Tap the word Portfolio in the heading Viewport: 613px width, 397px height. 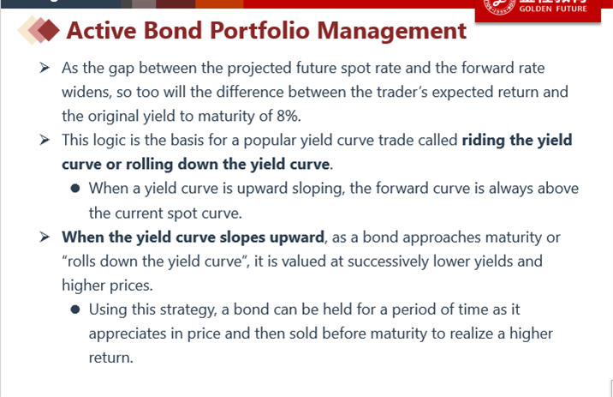pos(259,30)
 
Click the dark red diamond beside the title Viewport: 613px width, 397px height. pos(49,30)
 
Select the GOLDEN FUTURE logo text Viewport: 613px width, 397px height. pos(553,9)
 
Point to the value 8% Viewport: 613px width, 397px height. pos(289,116)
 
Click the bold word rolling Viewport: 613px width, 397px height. pos(149,165)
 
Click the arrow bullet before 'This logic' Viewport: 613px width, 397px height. pos(45,140)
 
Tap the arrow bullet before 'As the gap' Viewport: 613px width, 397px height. pos(45,68)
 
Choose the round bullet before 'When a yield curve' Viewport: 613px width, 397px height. pos(75,189)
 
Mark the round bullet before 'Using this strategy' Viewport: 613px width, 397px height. pos(75,310)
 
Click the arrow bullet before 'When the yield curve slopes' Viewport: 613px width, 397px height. pos(45,237)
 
